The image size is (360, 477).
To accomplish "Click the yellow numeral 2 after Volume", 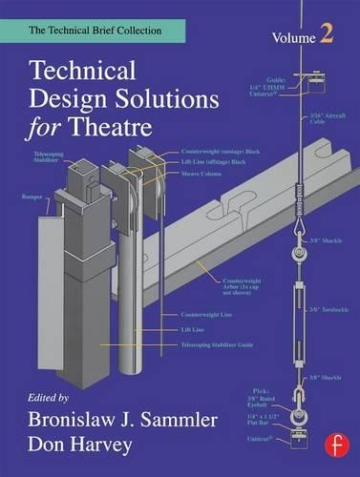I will pos(327,35).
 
